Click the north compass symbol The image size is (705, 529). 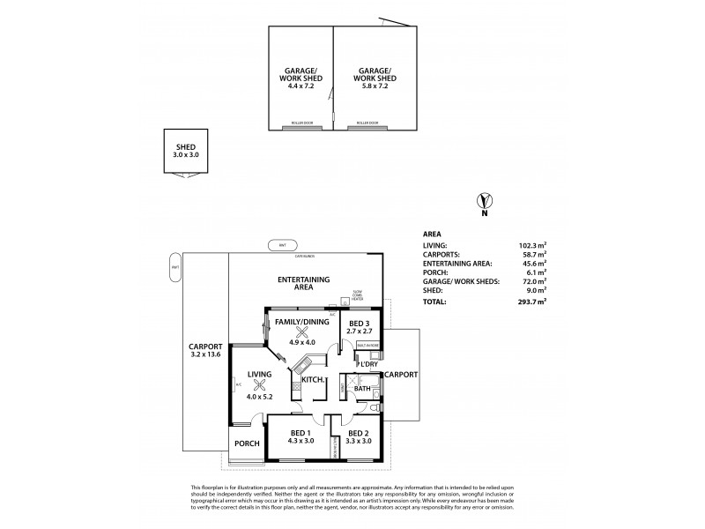click(483, 200)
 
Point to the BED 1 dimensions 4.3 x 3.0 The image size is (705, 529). click(300, 441)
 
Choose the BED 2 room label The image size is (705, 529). click(358, 433)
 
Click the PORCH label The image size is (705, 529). click(247, 443)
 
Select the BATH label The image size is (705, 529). click(361, 389)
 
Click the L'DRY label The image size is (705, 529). click(367, 363)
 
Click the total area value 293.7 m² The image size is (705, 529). click(532, 302)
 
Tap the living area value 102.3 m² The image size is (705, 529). click(532, 246)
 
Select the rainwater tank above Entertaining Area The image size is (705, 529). click(282, 244)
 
